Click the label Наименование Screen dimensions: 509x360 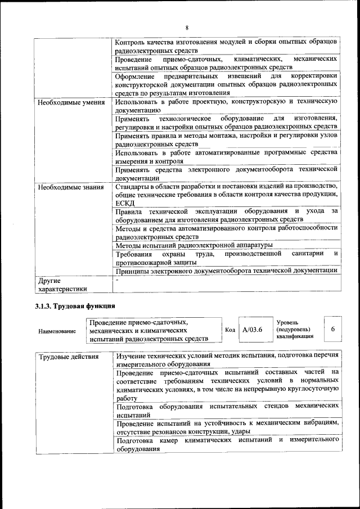click(x=57, y=332)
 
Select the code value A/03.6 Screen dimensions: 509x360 click(x=253, y=329)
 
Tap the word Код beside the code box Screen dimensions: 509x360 click(x=229, y=330)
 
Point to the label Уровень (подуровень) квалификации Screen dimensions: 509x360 click(x=296, y=329)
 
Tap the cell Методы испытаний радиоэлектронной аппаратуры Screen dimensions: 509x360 click(x=194, y=245)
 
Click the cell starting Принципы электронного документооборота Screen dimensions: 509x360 click(x=226, y=271)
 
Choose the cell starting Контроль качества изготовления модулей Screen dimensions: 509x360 click(x=226, y=46)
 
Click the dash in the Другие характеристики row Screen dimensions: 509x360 click(x=117, y=280)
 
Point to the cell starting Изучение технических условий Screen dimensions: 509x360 click(x=226, y=361)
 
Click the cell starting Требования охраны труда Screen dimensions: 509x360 click(x=226, y=258)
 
